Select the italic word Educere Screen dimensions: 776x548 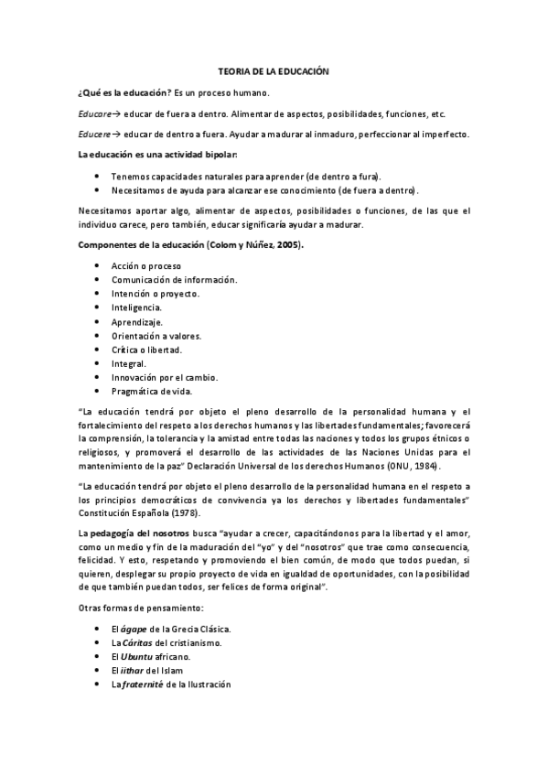(x=95, y=134)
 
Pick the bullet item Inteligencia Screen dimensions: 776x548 (x=137, y=307)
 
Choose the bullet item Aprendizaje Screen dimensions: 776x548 (x=137, y=321)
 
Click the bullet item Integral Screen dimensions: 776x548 (x=129, y=363)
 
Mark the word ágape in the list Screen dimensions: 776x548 (x=134, y=629)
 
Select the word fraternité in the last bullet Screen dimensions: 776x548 (x=149, y=684)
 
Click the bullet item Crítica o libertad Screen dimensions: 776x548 (x=146, y=350)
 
